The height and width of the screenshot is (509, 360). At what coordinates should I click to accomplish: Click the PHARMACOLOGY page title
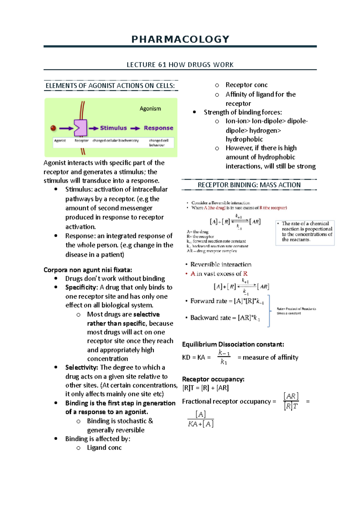coord(180,39)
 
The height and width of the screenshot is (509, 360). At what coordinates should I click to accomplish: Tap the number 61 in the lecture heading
coord(162,65)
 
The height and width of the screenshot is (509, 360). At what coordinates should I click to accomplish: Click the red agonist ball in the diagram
coord(53,128)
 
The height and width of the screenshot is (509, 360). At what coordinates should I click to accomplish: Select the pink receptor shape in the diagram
coord(80,128)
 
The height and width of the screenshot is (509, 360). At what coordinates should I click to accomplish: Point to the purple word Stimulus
coord(113,128)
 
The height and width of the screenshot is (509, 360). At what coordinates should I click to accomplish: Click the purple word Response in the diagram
coord(158,128)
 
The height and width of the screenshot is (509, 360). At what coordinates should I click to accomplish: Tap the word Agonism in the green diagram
coord(150,109)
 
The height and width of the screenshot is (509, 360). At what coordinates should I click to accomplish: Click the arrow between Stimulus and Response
coord(135,128)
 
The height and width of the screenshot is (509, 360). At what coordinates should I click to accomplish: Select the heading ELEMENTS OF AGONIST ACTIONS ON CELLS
coord(110,86)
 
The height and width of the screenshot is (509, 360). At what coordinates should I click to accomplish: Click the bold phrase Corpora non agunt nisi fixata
coord(88,270)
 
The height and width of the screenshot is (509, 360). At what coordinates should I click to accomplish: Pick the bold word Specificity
coord(81,287)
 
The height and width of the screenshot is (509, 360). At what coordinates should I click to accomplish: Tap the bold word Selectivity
coord(81,367)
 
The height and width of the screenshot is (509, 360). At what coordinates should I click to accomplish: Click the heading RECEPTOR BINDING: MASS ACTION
coord(249,185)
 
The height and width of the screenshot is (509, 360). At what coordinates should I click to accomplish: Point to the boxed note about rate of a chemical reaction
coord(305,233)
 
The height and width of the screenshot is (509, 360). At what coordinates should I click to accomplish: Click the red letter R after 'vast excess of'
coord(245,274)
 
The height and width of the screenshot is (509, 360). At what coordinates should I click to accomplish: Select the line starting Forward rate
coord(227,301)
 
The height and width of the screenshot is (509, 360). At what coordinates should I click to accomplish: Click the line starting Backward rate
coord(225,318)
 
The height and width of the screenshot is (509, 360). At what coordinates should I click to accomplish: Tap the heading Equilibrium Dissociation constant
coord(233,344)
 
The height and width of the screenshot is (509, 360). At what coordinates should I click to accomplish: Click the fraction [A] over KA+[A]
coord(200,419)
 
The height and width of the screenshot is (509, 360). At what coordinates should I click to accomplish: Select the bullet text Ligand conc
coord(104,448)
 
